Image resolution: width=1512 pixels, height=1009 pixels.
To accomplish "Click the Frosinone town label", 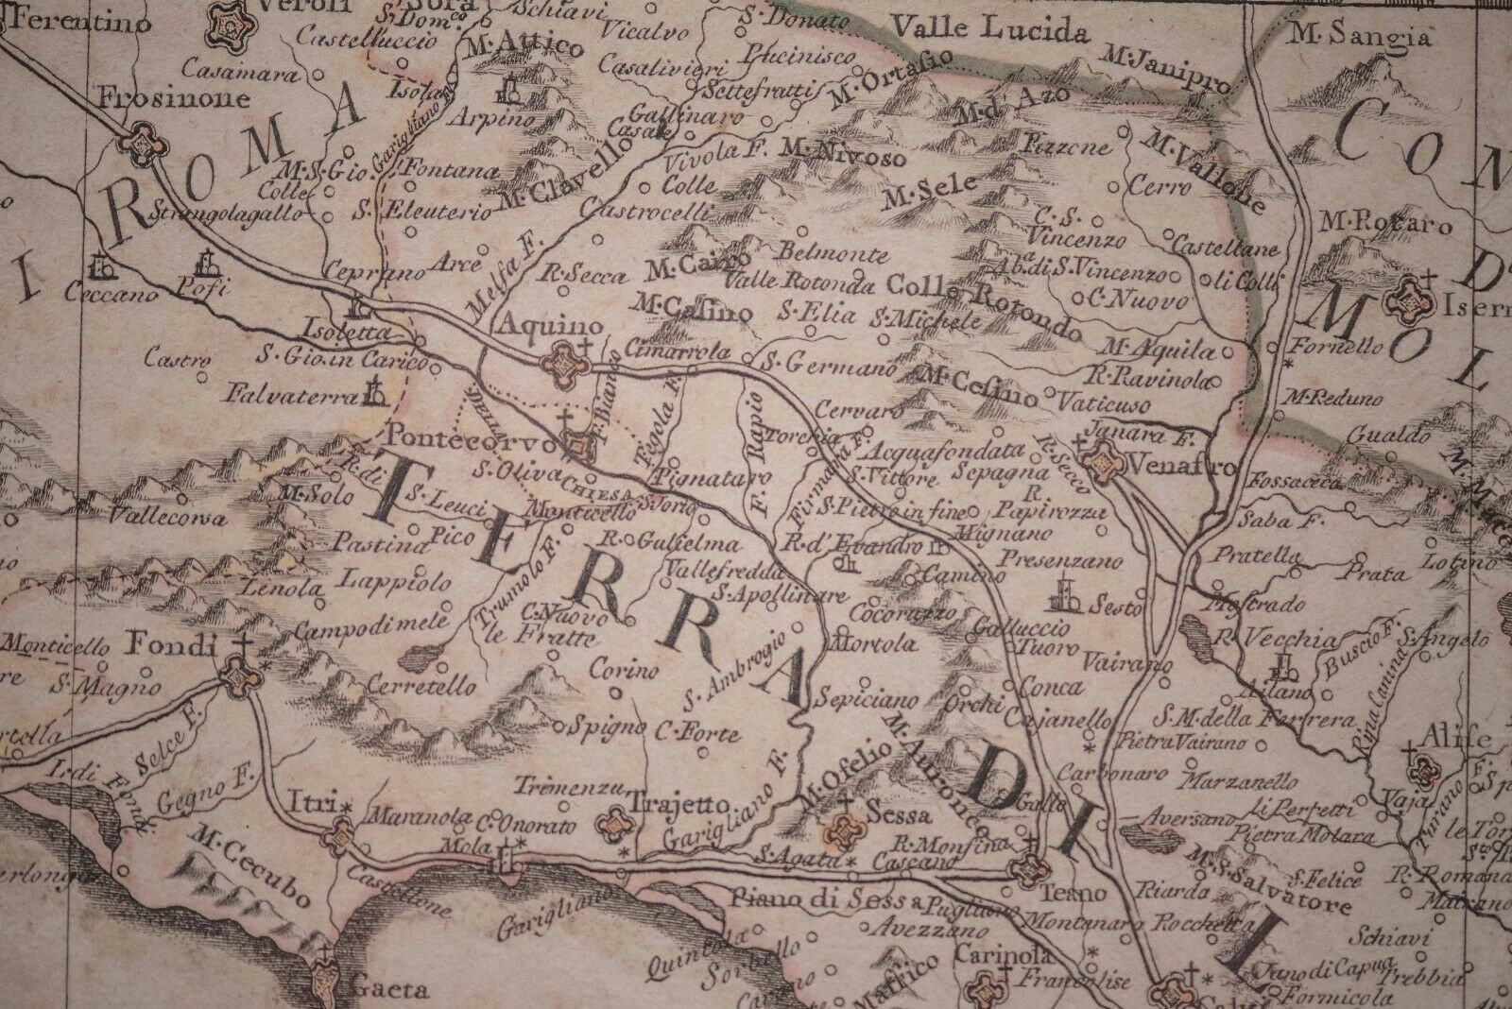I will [176, 98].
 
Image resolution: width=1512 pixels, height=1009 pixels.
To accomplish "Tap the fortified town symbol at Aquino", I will [563, 361].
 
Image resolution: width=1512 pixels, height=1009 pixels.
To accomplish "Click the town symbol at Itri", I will [341, 833].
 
